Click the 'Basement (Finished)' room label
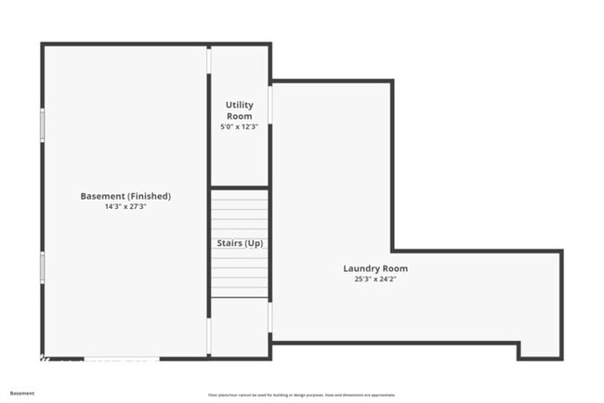click(125, 196)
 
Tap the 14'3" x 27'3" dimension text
click(125, 207)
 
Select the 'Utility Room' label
click(240, 110)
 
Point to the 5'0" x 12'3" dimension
click(240, 126)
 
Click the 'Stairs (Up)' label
click(240, 243)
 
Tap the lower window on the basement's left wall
click(42, 267)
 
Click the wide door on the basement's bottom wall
click(122, 358)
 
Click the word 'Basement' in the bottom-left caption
click(22, 393)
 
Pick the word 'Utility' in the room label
click(240, 105)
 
